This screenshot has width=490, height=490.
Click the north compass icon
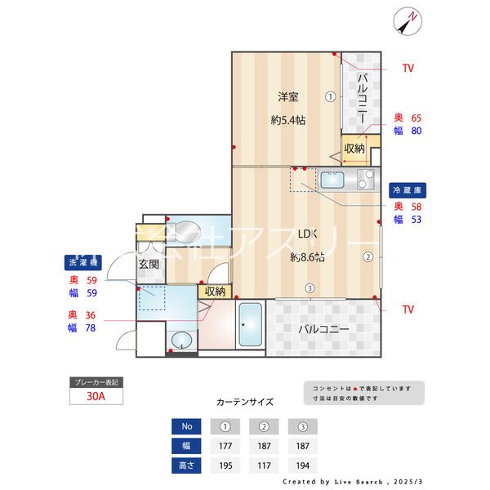click(406, 20)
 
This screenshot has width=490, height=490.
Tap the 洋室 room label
click(287, 97)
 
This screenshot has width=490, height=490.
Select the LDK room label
click(307, 234)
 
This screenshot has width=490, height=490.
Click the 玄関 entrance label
click(148, 264)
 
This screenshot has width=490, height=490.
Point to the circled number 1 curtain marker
click(330, 96)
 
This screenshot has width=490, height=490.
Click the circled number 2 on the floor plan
click(367, 256)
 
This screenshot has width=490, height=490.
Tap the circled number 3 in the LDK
click(310, 287)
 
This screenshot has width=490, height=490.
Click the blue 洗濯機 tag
click(82, 263)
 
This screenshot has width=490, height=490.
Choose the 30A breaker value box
click(96, 398)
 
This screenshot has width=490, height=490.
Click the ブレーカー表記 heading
click(96, 382)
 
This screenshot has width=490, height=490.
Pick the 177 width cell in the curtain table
click(225, 446)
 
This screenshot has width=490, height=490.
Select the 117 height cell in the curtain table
click(264, 465)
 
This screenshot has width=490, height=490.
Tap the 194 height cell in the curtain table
click(302, 465)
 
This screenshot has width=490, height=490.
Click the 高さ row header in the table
click(187, 465)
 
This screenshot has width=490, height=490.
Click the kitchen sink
click(332, 180)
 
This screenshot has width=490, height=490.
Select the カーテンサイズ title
click(245, 402)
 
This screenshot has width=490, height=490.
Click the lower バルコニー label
click(323, 330)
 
